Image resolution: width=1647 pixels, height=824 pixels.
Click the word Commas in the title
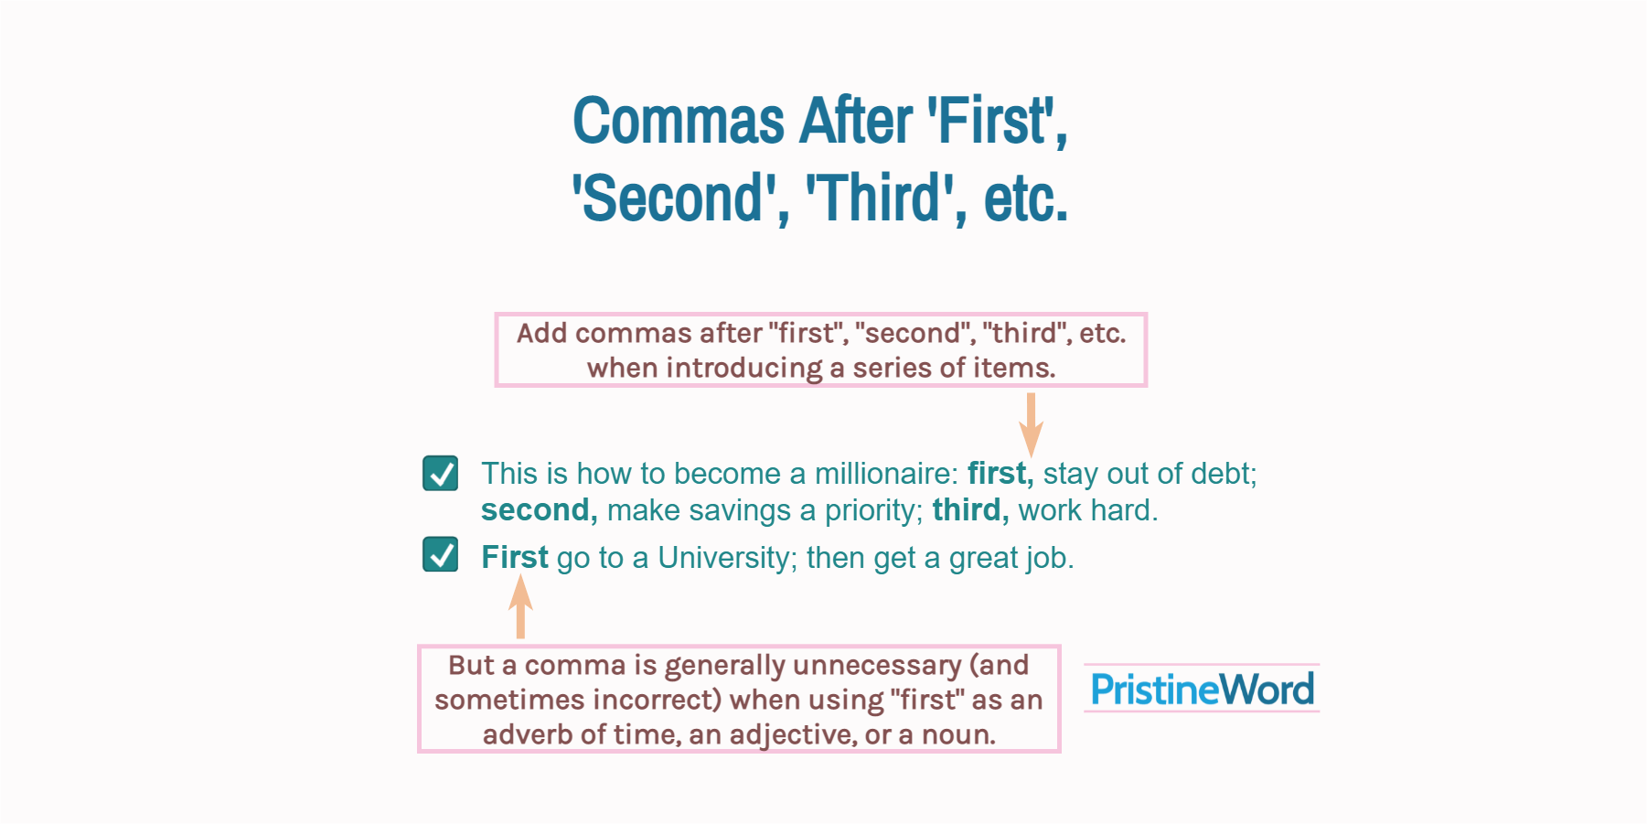679,122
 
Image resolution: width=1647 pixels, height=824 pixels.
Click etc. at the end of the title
1025,198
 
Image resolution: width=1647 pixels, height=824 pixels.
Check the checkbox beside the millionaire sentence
441,474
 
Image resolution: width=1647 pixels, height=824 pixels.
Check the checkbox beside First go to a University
441,554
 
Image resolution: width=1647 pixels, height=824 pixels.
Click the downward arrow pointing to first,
1031,424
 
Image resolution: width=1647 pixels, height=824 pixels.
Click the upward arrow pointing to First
520,607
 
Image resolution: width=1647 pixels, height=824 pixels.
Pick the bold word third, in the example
970,510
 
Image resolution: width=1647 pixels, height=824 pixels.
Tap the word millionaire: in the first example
885,474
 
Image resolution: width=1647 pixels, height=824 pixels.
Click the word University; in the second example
727,558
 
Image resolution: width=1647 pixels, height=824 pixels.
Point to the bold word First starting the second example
514,557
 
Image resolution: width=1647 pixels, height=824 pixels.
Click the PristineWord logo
1202,690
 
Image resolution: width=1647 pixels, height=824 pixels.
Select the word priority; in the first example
873,510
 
